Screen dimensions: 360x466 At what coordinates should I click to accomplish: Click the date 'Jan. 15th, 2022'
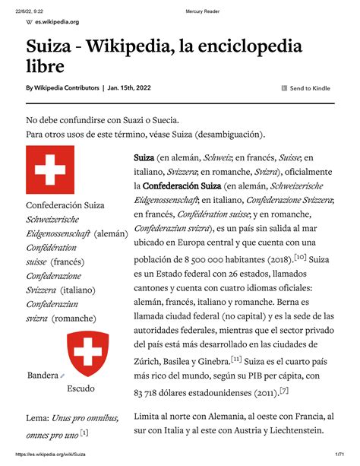(130, 88)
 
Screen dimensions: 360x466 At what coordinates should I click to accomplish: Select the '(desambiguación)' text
(230, 135)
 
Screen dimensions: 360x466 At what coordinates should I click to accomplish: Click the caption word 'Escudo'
(81, 388)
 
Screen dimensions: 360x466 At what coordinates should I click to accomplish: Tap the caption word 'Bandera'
(42, 376)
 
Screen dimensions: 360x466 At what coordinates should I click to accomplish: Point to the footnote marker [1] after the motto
(84, 433)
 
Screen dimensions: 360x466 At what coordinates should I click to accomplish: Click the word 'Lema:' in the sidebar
(37, 418)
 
